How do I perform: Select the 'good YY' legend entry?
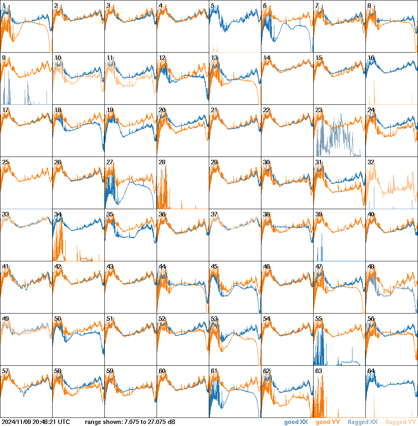[x=327, y=422]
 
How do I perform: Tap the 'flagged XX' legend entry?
[x=363, y=422]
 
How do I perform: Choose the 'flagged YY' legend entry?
[x=401, y=422]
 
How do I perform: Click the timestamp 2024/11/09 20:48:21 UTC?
[x=35, y=422]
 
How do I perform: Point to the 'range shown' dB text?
[x=130, y=422]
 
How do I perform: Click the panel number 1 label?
[x=4, y=5]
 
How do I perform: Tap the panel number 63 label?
[x=318, y=371]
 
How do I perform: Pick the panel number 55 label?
[x=318, y=318]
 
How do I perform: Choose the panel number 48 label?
[x=371, y=266]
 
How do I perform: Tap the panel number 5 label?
[x=212, y=5]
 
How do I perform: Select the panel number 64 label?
[x=371, y=371]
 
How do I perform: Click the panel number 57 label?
[x=5, y=371]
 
